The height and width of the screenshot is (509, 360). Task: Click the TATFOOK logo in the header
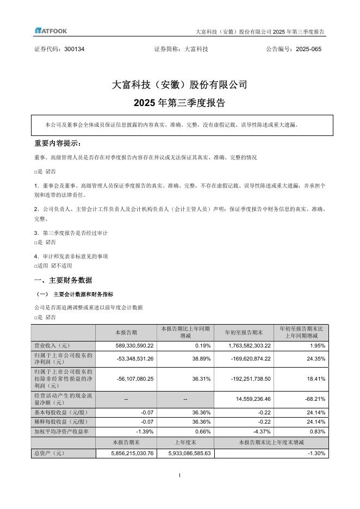pos(51,31)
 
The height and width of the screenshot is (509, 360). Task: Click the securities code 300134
pos(74,49)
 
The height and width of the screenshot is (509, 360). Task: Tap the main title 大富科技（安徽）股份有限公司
pos(179,85)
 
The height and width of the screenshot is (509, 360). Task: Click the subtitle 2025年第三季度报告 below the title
pos(179,102)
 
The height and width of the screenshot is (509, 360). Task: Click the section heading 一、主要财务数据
pos(63,280)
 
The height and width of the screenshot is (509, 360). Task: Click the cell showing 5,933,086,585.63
pos(188,452)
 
